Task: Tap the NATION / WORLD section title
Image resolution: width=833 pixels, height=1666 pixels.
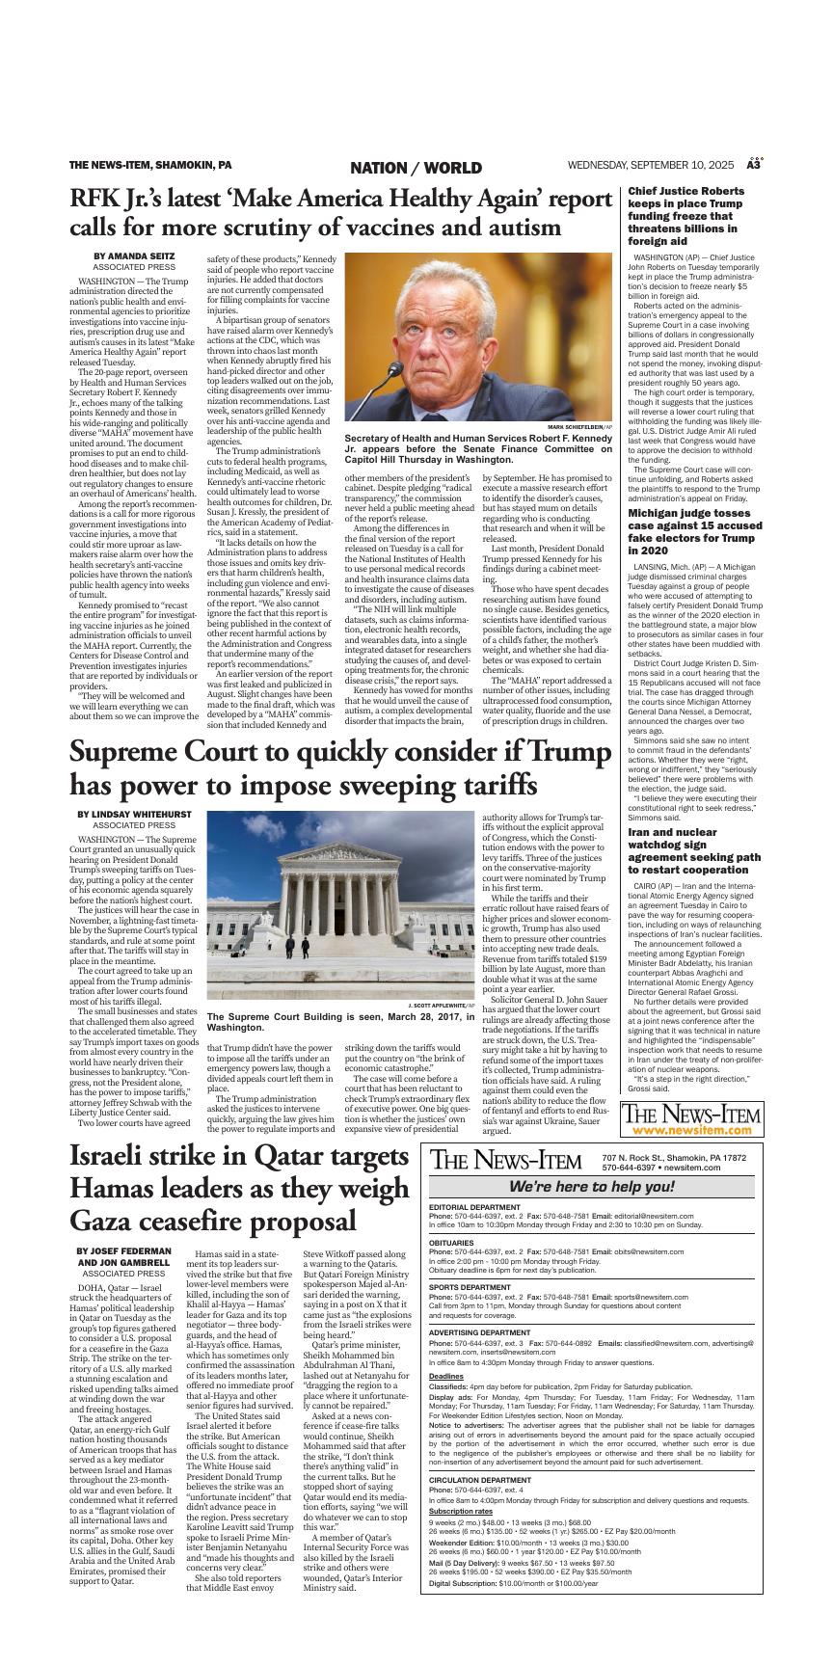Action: point(416,168)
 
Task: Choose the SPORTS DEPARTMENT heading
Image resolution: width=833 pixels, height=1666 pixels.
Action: point(470,1287)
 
